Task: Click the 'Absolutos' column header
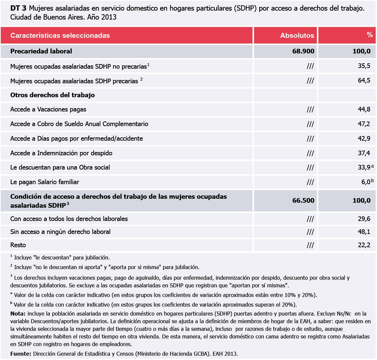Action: point(297,36)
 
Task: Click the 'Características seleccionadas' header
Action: point(60,36)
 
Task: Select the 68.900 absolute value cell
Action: point(303,51)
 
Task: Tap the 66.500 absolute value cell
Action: point(303,201)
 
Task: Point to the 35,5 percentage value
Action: point(364,66)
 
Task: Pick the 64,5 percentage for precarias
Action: point(364,80)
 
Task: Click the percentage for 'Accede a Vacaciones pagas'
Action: point(364,109)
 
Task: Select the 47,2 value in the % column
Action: point(364,124)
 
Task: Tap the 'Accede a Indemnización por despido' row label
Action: point(61,153)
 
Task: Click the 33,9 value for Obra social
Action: point(364,168)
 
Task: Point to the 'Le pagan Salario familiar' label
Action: point(45,182)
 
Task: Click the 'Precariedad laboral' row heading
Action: point(41,51)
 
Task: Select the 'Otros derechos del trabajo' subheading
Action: point(52,95)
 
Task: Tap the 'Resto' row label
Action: point(18,245)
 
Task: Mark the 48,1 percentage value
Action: point(364,232)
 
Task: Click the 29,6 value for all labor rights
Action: point(364,219)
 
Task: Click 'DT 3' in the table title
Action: point(18,9)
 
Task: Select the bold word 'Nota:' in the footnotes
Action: point(18,314)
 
